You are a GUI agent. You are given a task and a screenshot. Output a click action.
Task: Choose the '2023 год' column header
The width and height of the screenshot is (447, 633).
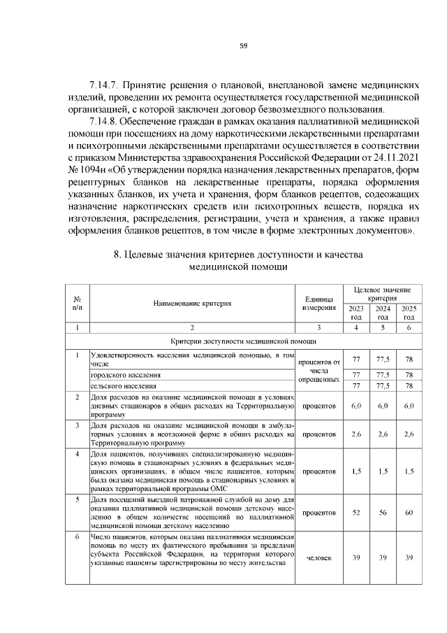(x=356, y=313)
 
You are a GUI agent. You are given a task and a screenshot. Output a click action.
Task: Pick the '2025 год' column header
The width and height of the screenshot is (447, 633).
(x=409, y=313)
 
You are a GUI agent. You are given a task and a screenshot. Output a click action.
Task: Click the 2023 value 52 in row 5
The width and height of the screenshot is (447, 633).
(x=356, y=513)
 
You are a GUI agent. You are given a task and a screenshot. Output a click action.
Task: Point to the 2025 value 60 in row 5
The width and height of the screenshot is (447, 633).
(x=409, y=513)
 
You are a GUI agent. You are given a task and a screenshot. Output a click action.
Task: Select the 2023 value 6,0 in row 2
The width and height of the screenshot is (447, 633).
(x=356, y=406)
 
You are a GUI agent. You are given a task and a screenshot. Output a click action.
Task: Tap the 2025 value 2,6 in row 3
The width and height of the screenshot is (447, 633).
(x=409, y=434)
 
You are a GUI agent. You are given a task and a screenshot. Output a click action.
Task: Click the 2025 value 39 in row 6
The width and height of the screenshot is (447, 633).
(x=409, y=557)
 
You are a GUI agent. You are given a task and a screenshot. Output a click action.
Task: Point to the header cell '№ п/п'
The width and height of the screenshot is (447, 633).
(x=77, y=304)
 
